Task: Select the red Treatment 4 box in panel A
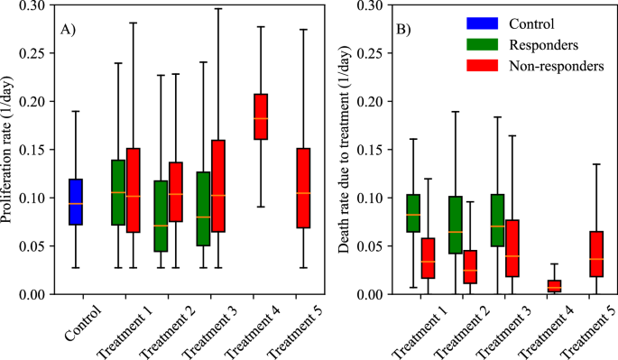[262, 116]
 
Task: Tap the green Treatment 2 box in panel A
[161, 217]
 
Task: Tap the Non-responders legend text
[556, 65]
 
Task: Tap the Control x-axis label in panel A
[83, 323]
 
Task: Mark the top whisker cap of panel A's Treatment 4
[262, 26]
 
